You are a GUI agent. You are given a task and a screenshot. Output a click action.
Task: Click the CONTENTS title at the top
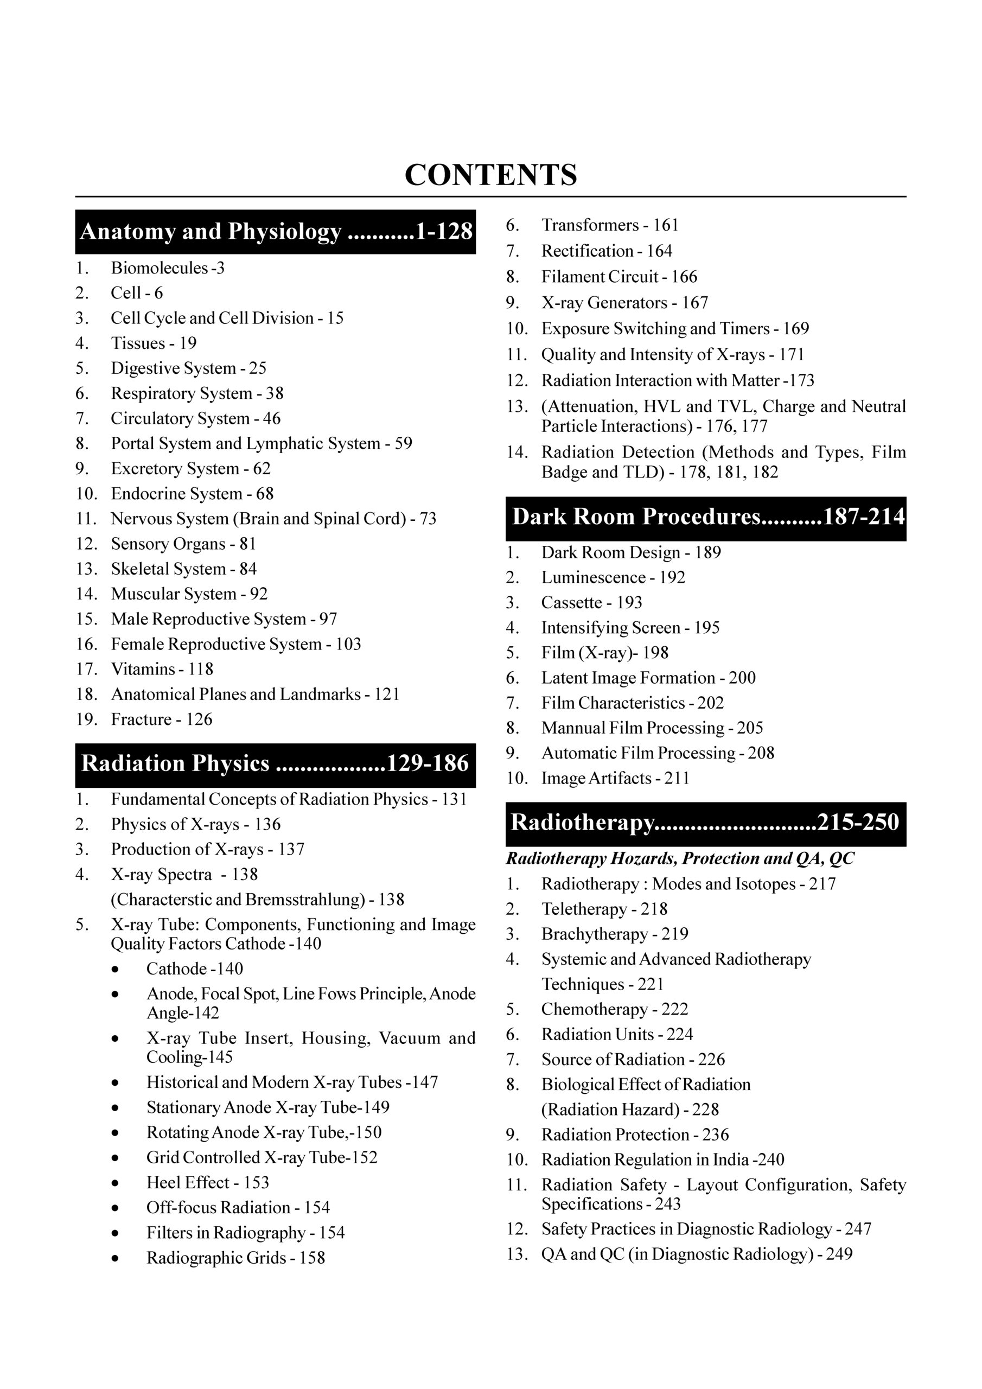click(x=490, y=175)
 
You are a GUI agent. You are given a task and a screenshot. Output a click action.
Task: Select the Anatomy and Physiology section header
click(x=275, y=232)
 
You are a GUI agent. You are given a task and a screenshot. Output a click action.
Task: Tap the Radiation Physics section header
click(x=275, y=764)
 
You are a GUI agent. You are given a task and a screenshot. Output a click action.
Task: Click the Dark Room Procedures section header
click(x=705, y=517)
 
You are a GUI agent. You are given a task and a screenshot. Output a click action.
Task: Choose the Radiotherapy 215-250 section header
click(x=705, y=823)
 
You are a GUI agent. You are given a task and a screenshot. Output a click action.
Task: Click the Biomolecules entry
click(x=167, y=268)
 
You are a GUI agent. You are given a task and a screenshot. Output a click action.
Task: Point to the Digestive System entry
click(x=188, y=368)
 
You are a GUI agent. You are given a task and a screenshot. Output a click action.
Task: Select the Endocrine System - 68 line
click(x=192, y=494)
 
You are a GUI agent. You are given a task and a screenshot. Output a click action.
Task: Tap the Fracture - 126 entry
click(x=162, y=719)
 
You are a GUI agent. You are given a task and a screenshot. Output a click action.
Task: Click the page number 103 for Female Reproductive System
click(x=348, y=644)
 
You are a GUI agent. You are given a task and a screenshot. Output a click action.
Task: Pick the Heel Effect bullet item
click(x=208, y=1182)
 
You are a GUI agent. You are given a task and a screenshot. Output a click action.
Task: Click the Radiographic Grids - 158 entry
click(x=235, y=1258)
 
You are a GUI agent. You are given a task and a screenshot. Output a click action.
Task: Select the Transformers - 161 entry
click(x=610, y=225)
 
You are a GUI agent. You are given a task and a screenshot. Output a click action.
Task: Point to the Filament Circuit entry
click(x=619, y=277)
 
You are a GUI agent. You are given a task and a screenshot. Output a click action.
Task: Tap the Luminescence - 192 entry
click(x=613, y=578)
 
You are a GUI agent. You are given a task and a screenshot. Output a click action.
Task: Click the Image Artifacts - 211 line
click(x=615, y=779)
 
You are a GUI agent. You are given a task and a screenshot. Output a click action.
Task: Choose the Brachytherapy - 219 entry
click(x=615, y=934)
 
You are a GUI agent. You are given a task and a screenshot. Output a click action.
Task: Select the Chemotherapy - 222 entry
click(x=615, y=1009)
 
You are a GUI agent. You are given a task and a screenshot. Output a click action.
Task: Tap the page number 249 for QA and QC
click(x=839, y=1254)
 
